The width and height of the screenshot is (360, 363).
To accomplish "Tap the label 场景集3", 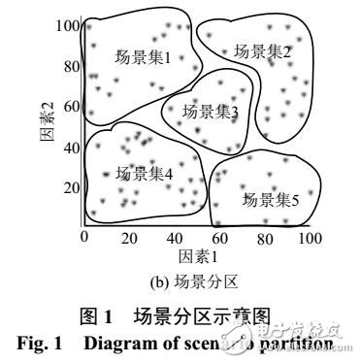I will click(x=211, y=113).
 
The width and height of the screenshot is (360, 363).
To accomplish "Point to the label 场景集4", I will click(x=144, y=174).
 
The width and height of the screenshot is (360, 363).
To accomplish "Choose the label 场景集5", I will click(x=270, y=200).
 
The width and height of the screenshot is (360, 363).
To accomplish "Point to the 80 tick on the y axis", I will click(x=70, y=67).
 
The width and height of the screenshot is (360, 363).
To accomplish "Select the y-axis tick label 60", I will click(x=70, y=107).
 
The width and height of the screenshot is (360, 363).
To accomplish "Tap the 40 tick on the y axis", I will click(x=70, y=148).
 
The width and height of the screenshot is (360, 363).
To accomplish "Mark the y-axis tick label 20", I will click(x=70, y=187).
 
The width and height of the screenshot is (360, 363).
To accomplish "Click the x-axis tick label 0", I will click(x=84, y=237).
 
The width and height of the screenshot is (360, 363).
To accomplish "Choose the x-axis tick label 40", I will click(x=175, y=237).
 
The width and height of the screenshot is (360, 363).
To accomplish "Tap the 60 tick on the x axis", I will click(x=219, y=237).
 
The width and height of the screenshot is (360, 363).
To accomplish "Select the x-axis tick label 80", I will click(x=264, y=237).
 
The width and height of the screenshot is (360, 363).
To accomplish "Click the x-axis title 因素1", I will click(x=197, y=257).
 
